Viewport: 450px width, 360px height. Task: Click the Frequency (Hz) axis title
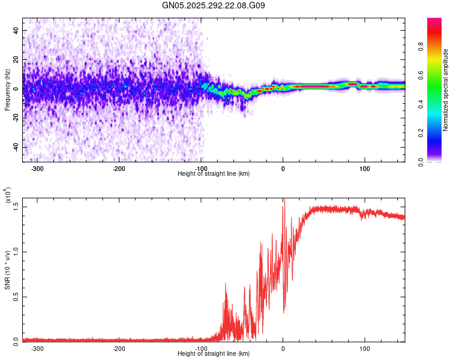coord(7,89)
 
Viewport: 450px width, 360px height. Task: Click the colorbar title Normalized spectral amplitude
coord(446,90)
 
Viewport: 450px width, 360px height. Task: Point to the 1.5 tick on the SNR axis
coord(16,206)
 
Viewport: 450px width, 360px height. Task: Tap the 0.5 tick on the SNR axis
coord(16,296)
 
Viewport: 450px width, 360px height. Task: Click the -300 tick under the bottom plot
coord(38,349)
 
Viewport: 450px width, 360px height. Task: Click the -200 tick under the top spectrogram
coord(119,169)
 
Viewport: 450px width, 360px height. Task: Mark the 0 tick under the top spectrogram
coord(283,169)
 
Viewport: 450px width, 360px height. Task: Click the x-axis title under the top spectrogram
coord(214,174)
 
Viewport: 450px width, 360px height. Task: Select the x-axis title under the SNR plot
coord(214,354)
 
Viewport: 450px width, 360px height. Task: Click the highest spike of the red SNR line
coord(284,200)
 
